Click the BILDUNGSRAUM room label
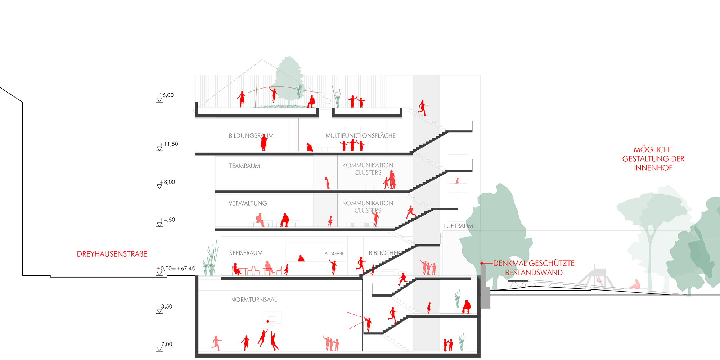251,136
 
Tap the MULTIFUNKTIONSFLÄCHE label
360,136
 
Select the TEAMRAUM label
244,166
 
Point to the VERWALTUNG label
248,203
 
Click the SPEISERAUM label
246,253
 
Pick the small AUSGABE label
334,253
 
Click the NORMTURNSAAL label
253,300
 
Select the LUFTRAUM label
458,226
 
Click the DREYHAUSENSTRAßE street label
112,254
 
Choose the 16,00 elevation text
167,95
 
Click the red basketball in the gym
268,321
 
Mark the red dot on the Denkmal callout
482,264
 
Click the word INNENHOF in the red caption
653,168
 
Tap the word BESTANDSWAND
534,273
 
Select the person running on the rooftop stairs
423,108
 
